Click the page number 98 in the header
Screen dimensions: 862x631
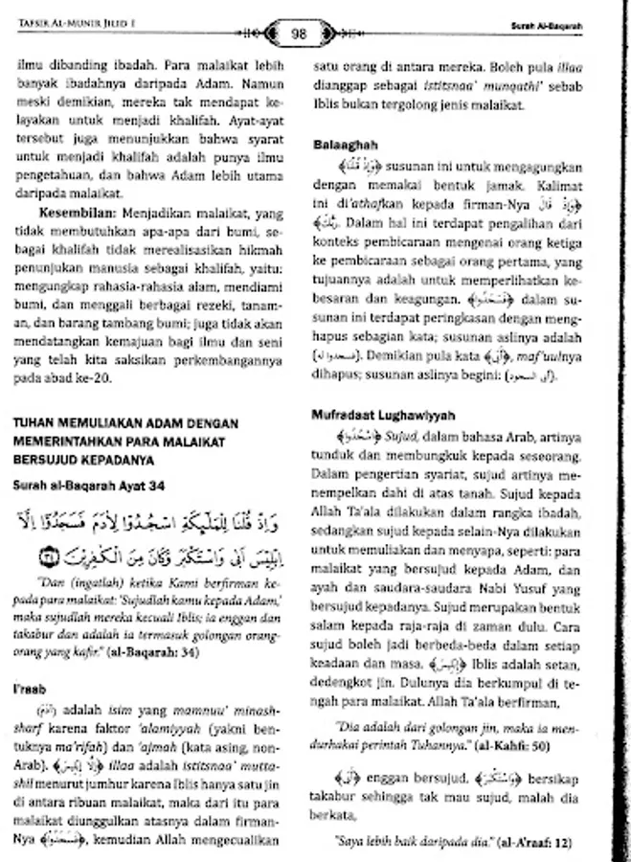(298, 34)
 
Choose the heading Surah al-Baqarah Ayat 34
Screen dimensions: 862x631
(90, 487)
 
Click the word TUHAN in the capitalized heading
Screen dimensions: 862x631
(35, 422)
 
